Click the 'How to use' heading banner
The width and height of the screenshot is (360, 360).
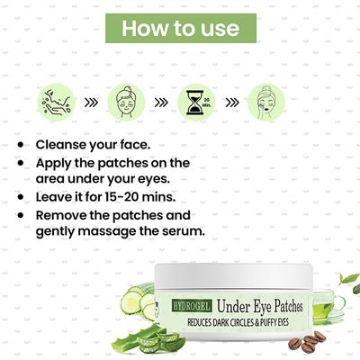pyautogui.click(x=181, y=28)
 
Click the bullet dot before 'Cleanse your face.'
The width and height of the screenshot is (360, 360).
pyautogui.click(x=21, y=145)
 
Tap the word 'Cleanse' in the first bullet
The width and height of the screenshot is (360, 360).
pyautogui.click(x=62, y=144)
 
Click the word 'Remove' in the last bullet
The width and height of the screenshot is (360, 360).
pyautogui.click(x=62, y=216)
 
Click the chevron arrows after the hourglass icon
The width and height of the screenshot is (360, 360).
pyautogui.click(x=230, y=102)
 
